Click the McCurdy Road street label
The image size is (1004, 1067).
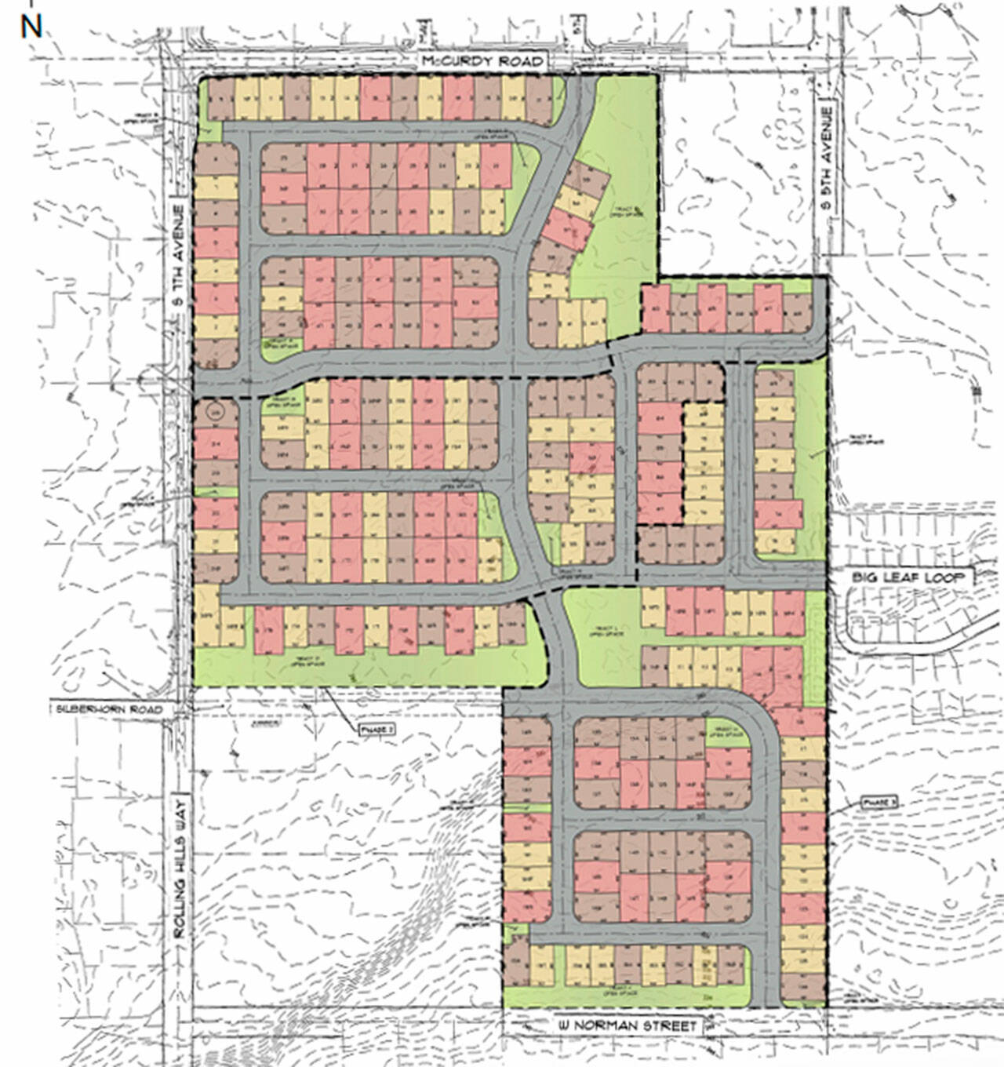(481, 61)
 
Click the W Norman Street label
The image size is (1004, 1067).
(627, 1025)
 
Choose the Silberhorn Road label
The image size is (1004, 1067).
(110, 709)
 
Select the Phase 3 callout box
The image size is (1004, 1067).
(878, 803)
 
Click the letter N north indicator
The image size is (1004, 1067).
(31, 27)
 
